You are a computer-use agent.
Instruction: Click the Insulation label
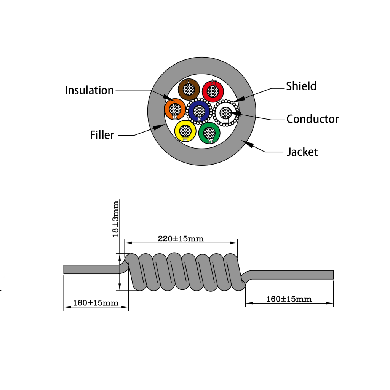click(89, 90)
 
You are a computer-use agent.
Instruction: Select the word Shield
click(301, 86)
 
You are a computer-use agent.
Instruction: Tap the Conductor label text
click(312, 119)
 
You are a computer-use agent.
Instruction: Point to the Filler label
click(102, 135)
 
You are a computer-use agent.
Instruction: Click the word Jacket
click(302, 152)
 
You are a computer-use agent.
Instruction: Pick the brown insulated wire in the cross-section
click(189, 90)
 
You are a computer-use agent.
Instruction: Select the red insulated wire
click(213, 91)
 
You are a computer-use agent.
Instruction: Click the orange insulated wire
click(175, 109)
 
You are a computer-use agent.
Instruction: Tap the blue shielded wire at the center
click(198, 111)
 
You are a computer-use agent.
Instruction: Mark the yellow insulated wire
click(185, 131)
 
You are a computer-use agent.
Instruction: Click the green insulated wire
click(209, 133)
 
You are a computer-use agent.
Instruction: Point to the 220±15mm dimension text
click(181, 239)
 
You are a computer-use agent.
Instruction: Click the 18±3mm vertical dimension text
click(116, 219)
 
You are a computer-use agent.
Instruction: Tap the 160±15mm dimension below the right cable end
click(289, 299)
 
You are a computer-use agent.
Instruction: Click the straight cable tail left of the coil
click(91, 269)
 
